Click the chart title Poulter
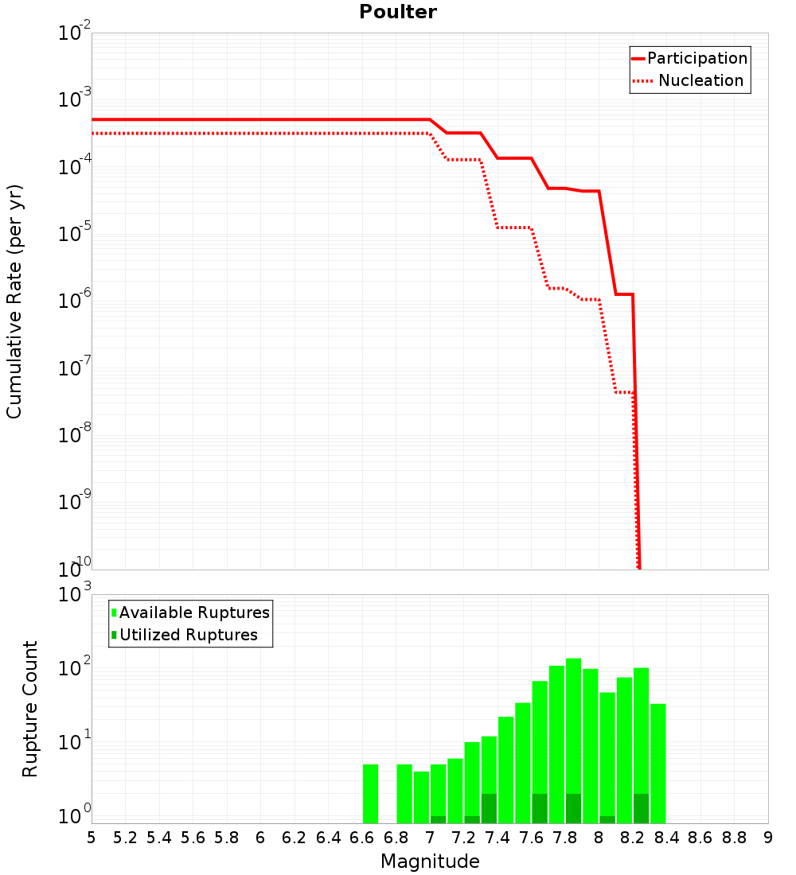pyautogui.click(x=398, y=12)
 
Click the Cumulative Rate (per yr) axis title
pyautogui.click(x=14, y=301)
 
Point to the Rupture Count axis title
pyautogui.click(x=30, y=708)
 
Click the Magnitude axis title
pyautogui.click(x=430, y=861)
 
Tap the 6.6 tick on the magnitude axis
pyautogui.click(x=362, y=837)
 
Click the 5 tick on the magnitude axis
pyautogui.click(x=92, y=837)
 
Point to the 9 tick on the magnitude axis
pyautogui.click(x=768, y=837)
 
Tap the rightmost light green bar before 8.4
pyautogui.click(x=657, y=764)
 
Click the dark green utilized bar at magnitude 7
pyautogui.click(x=438, y=819)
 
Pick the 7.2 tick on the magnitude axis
pyautogui.click(x=464, y=837)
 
